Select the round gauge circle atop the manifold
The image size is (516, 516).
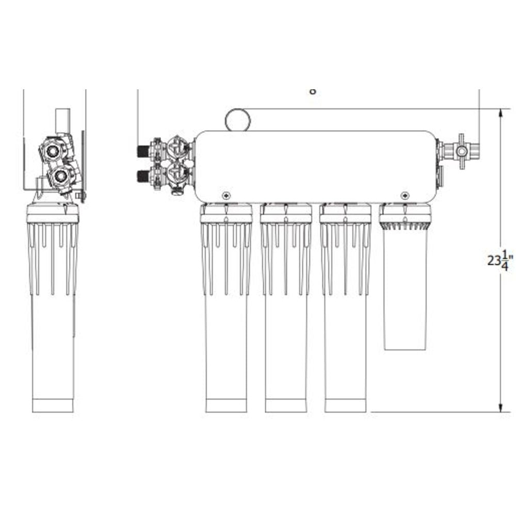pos(237,120)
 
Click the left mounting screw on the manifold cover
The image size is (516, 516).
pos(226,195)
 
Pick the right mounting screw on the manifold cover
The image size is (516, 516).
pos(405,195)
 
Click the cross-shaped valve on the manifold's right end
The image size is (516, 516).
pos(461,151)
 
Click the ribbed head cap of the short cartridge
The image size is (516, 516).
pos(405,217)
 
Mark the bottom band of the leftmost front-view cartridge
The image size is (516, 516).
pos(226,405)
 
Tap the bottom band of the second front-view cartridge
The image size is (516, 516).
pos(286,405)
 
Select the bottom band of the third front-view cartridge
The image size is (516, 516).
pos(345,405)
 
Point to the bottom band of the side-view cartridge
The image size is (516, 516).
pos(53,405)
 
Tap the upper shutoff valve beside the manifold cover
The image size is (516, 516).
pos(179,149)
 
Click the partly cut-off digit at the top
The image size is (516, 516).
pos(312,92)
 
